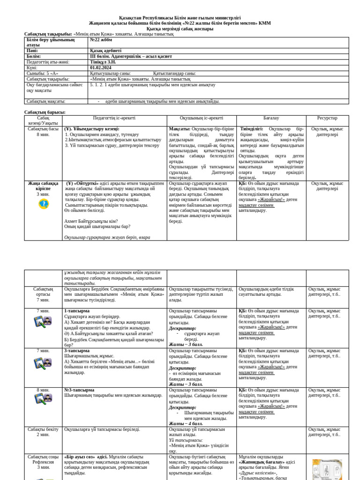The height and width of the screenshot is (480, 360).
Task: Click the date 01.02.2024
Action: click(101, 67)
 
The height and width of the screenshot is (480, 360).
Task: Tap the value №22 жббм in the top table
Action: click(100, 40)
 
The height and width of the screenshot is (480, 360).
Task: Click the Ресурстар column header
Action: click(327, 118)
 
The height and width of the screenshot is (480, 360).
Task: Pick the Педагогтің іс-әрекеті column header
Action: click(115, 118)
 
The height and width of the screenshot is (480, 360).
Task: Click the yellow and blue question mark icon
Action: click(43, 204)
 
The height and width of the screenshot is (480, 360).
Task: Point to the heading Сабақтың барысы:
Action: click(45, 112)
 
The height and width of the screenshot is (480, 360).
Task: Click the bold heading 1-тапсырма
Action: click(76, 311)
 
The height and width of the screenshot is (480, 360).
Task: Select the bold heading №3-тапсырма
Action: click(78, 390)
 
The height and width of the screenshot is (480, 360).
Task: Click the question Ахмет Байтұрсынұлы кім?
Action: click(91, 221)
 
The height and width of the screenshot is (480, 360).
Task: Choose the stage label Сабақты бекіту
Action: click(43, 429)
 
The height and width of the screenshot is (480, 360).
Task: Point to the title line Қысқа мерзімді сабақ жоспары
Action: click(180, 29)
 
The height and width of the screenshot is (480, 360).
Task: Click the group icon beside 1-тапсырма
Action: click(43, 322)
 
